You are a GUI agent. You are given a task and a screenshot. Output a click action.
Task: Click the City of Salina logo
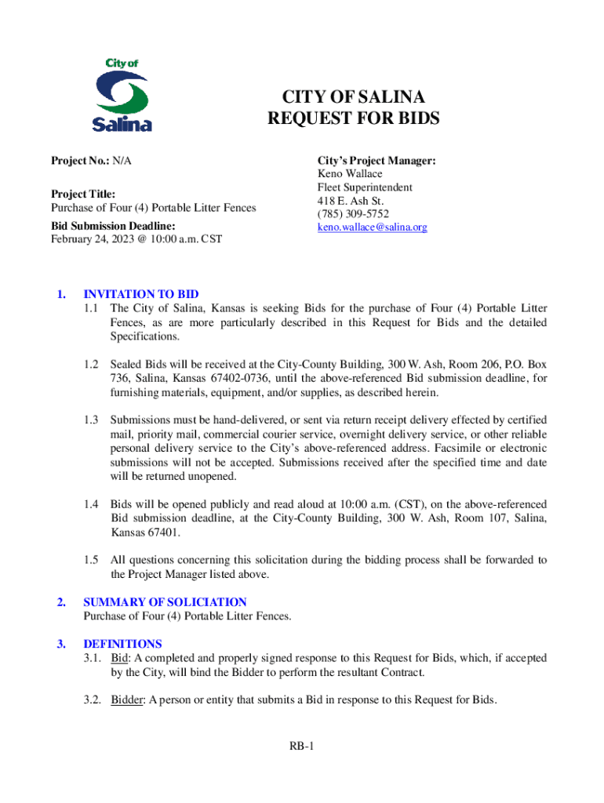[x=122, y=94]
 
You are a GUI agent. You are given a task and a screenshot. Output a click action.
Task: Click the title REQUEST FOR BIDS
[x=354, y=119]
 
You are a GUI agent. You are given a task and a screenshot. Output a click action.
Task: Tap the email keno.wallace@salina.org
[x=372, y=227]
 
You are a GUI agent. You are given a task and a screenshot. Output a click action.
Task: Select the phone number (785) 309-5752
[x=352, y=214]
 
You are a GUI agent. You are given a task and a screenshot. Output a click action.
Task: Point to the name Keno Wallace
[x=349, y=174]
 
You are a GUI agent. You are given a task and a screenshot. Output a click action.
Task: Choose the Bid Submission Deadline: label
[x=113, y=226]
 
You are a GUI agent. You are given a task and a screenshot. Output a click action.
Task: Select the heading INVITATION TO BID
[x=141, y=295]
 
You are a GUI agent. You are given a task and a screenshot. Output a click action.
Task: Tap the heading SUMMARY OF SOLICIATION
[x=165, y=602]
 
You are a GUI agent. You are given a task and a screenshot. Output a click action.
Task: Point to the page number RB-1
[x=301, y=746]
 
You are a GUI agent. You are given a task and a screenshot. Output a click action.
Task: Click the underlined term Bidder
[x=126, y=700]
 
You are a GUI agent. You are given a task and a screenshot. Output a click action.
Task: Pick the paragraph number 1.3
[x=91, y=420]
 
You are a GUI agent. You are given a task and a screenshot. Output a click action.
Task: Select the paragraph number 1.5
[x=91, y=561]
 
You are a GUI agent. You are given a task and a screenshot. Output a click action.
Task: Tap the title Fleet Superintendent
[x=365, y=187]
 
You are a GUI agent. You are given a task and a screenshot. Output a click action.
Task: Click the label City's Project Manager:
[x=377, y=161]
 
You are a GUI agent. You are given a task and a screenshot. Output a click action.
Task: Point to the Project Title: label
[x=83, y=194]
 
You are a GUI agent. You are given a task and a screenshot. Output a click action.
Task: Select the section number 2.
[x=60, y=602]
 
